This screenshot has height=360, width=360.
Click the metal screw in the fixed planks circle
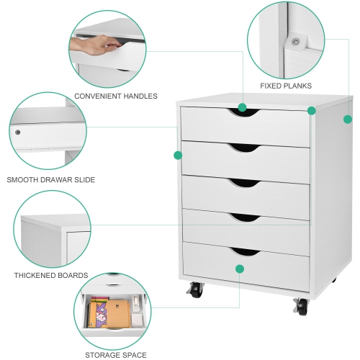click(295, 42)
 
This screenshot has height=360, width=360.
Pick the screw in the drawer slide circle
click(18, 132)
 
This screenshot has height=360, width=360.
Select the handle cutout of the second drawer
click(243, 148)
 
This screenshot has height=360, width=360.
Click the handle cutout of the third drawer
click(243, 182)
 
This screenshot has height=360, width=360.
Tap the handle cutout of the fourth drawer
click(243, 217)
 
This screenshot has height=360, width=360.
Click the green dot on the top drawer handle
click(243, 107)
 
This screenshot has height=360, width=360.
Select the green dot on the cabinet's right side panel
click(348, 119)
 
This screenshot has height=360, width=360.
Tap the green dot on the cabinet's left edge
click(178, 155)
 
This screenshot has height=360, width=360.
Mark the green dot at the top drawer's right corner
click(312, 111)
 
